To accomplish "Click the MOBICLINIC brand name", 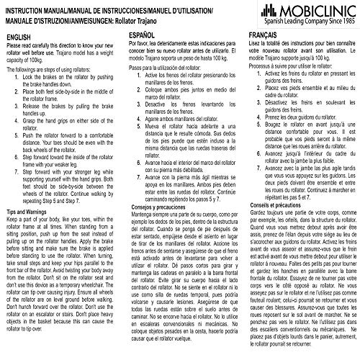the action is click(x=314, y=10).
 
